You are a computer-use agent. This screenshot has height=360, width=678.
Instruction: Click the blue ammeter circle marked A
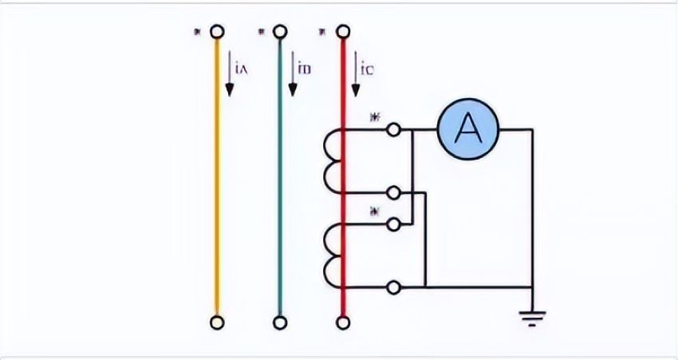coord(467,128)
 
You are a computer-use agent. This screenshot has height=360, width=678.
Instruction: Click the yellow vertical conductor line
coord(216,176)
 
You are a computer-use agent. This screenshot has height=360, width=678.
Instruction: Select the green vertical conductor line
coord(279,176)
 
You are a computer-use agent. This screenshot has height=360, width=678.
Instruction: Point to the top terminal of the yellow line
coord(216,32)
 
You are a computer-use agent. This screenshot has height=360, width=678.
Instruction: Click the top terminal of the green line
coord(279,32)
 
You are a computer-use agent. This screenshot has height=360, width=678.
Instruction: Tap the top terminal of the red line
coord(343,32)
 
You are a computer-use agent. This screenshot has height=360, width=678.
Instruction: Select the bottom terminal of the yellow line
coord(216,322)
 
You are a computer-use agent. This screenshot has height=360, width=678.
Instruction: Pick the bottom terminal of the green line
coord(279,322)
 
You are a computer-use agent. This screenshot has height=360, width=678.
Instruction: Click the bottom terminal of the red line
coord(343,322)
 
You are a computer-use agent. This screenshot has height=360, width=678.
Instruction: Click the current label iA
coord(242,69)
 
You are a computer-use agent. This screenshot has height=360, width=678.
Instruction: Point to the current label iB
coord(305,69)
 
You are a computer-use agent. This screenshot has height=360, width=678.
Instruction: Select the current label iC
coord(368,69)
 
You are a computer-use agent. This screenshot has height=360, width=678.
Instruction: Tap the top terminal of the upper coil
coord(392,129)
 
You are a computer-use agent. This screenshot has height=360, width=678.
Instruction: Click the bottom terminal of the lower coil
coord(392,286)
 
